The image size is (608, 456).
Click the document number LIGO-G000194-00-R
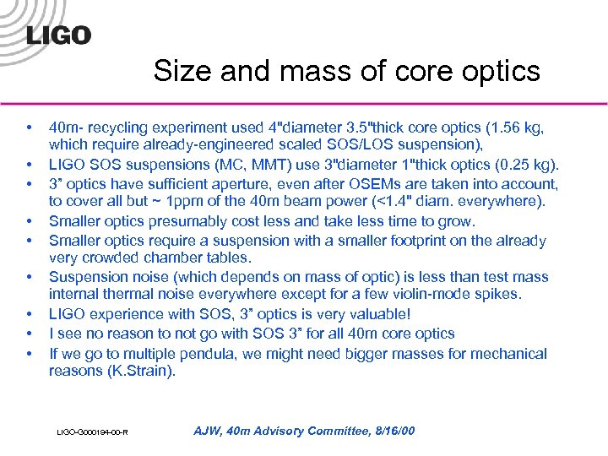pyautogui.click(x=93, y=433)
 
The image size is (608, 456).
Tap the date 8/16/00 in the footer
pyautogui.click(x=392, y=432)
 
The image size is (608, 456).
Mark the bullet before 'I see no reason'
pyautogui.click(x=30, y=334)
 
